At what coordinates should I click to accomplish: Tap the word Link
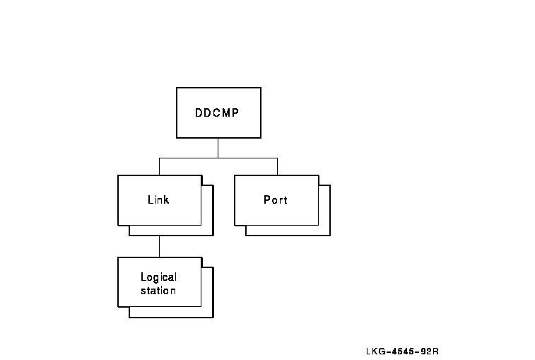coord(158,200)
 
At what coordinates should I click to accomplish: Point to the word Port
coord(276,200)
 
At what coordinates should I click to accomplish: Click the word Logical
coord(158,277)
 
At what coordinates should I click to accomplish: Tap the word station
coord(158,290)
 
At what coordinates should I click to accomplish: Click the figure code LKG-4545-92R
coord(403,351)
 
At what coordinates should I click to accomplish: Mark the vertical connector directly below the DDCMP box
coord(218,147)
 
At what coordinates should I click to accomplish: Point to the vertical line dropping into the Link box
coord(160,166)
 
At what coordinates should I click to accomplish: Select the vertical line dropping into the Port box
coord(277,166)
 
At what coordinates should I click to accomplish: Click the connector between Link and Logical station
coord(160,247)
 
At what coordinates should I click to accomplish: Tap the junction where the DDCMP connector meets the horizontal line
coord(218,157)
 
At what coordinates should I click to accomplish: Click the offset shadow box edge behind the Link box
coord(213,212)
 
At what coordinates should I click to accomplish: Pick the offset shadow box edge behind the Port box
coord(329,212)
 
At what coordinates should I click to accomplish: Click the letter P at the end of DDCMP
coord(237,112)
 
